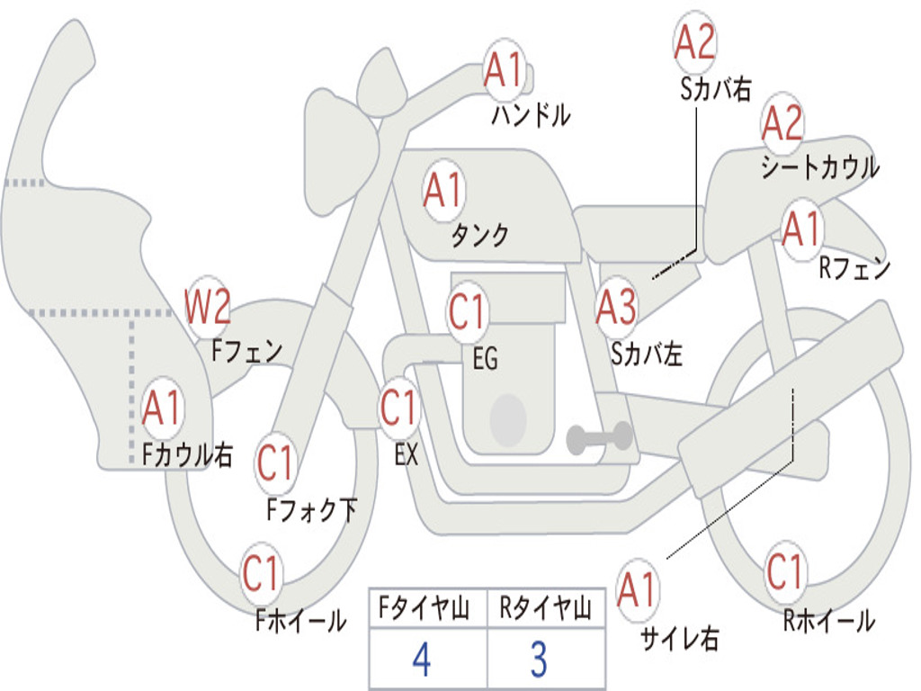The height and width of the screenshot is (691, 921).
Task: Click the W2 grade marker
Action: pyautogui.click(x=207, y=306)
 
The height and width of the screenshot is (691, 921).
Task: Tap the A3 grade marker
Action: pyautogui.click(x=615, y=307)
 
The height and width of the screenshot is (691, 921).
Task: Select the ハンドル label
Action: pyautogui.click(x=531, y=115)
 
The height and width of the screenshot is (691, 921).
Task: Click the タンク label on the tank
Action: pyautogui.click(x=480, y=236)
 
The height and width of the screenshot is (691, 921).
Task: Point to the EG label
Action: pyautogui.click(x=485, y=358)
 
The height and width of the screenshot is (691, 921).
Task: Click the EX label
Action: pyautogui.click(x=407, y=454)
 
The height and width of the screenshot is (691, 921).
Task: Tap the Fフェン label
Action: pyautogui.click(x=246, y=351)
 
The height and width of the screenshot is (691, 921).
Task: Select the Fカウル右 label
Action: pyautogui.click(x=187, y=454)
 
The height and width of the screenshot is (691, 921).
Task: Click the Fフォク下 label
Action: pyautogui.click(x=311, y=509)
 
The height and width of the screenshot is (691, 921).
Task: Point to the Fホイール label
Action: pyautogui.click(x=300, y=620)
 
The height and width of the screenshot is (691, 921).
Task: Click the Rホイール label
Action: pyautogui.click(x=829, y=620)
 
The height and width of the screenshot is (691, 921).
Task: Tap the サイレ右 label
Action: pyautogui.click(x=680, y=638)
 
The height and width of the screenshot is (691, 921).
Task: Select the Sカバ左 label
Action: pyautogui.click(x=646, y=354)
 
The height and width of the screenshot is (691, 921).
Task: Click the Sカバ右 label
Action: pyautogui.click(x=715, y=89)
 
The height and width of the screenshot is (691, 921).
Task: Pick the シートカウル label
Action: pyautogui.click(x=820, y=166)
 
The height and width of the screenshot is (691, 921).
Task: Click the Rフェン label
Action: pyautogui.click(x=854, y=268)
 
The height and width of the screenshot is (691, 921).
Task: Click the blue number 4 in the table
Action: pyautogui.click(x=422, y=659)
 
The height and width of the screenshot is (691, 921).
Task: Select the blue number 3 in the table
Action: pyautogui.click(x=540, y=659)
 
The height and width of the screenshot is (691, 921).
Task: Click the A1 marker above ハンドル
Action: pyautogui.click(x=504, y=69)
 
